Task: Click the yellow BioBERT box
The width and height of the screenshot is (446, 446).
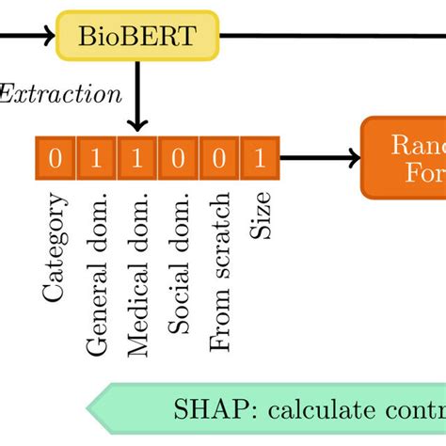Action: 137,37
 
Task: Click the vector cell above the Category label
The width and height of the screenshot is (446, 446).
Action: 56,157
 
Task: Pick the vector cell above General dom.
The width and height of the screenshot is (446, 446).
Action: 96,157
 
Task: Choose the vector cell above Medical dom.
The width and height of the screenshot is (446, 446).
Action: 137,157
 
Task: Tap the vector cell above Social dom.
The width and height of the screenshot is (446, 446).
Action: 178,157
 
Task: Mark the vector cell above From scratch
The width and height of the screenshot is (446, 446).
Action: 218,157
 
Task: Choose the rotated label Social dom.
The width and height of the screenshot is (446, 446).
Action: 178,264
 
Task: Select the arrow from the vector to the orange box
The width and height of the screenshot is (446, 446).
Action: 320,157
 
